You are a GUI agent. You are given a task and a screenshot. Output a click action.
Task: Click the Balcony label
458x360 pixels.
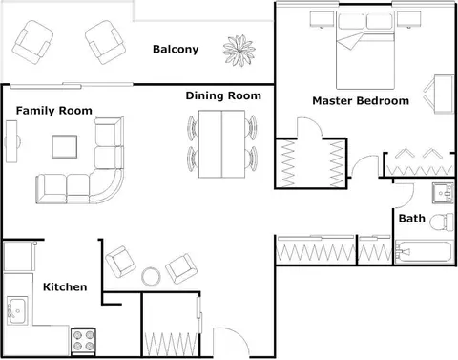pos(176,49)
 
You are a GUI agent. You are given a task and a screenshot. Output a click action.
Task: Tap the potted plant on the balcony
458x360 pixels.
pos(239,51)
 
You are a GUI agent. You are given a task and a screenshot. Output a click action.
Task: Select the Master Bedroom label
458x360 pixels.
pos(361,101)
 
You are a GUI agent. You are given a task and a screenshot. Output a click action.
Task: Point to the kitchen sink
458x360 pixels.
pos(17,310)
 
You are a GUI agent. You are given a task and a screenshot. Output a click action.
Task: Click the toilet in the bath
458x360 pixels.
pos(442,222)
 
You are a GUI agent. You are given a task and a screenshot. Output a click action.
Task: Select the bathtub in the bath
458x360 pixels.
pos(424,251)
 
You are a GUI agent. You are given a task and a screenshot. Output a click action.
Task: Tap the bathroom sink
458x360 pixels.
pos(443,193)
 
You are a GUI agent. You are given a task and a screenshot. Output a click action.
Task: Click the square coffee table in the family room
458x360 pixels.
pos(65,146)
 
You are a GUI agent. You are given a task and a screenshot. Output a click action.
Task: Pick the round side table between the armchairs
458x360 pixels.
pos(151,276)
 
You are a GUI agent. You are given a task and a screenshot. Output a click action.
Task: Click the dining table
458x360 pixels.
pos(221,144)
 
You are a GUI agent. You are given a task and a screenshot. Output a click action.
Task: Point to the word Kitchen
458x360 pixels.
pos(65,286)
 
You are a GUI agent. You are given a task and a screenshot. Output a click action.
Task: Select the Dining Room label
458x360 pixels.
pos(223,95)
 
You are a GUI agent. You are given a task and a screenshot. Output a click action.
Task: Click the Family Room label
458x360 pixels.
pos(54,111)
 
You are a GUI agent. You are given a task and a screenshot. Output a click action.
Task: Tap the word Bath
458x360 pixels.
pos(412,219)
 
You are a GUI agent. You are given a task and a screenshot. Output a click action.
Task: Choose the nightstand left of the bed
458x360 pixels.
pos(322,19)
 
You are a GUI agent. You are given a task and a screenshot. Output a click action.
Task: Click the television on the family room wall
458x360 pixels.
pos(12,141)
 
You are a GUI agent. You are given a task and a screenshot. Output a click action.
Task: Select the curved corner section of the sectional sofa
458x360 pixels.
pos(106,185)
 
